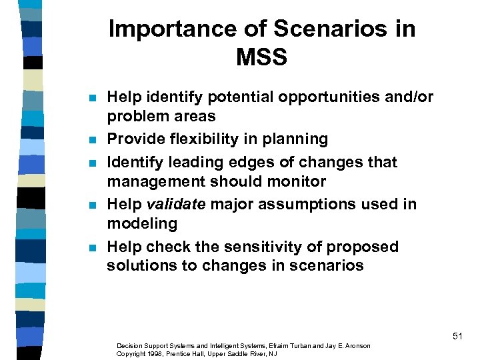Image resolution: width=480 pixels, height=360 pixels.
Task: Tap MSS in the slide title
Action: point(261,57)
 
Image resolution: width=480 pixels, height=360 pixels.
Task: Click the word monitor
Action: point(296,181)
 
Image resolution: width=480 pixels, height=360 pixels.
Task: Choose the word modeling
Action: point(142,223)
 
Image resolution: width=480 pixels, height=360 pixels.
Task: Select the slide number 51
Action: point(457,337)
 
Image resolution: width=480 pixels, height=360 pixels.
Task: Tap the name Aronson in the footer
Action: point(357,345)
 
